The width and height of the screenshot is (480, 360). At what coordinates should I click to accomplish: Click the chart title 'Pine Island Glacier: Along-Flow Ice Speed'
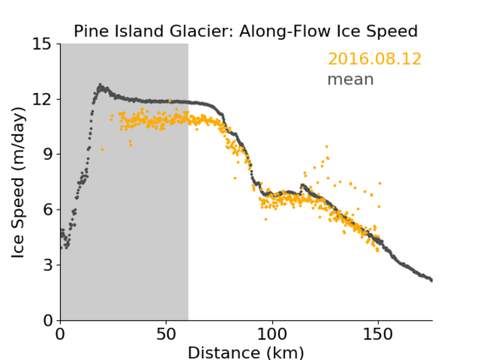[x=246, y=31]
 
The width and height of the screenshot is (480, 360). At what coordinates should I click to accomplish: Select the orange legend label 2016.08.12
[x=374, y=59]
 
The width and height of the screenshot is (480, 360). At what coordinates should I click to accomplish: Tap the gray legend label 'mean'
[x=351, y=79]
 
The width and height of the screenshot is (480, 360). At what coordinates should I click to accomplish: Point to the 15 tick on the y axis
[x=42, y=44]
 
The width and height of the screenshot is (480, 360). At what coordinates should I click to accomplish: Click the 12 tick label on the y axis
[x=42, y=99]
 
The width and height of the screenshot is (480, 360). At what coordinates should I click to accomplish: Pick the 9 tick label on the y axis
[x=48, y=155]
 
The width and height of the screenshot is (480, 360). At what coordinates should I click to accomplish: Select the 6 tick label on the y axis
[x=48, y=210]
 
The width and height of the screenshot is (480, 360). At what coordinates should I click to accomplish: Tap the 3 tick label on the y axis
[x=48, y=265]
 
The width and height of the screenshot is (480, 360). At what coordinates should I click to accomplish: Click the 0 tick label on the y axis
[x=48, y=320]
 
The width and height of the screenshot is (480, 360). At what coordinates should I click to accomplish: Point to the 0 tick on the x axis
[x=60, y=334]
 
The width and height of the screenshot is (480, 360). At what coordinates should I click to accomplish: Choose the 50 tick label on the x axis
[x=166, y=334]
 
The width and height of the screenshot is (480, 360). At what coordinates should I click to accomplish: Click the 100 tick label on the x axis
[x=272, y=334]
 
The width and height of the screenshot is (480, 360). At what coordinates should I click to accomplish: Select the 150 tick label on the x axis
[x=378, y=334]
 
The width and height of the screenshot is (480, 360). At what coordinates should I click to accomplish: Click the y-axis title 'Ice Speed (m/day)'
[x=18, y=183]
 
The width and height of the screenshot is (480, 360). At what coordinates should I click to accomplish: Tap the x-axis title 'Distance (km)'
[x=246, y=352]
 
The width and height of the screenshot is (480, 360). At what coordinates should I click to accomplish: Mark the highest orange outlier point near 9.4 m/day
[x=326, y=147]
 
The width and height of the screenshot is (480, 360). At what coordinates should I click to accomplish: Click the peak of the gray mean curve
[x=100, y=85]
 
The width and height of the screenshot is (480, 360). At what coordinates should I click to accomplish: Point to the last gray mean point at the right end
[x=431, y=281]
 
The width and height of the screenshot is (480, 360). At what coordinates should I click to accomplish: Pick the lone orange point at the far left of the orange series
[x=102, y=150]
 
